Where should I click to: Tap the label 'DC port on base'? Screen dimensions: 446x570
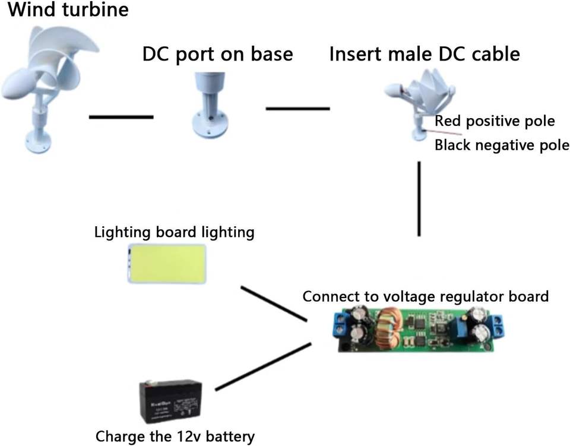click(x=217, y=54)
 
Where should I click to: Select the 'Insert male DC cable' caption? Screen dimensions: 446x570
click(x=425, y=54)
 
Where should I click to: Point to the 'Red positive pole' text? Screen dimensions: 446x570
click(x=495, y=121)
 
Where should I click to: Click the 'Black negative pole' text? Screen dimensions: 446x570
click(x=502, y=145)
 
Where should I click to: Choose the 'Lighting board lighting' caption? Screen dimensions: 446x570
click(x=174, y=232)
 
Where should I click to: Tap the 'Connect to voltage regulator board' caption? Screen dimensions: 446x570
click(x=425, y=296)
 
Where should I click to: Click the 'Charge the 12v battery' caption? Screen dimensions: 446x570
click(x=175, y=436)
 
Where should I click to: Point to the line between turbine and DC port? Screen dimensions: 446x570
click(x=121, y=117)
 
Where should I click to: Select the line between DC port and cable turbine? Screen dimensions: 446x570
click(x=297, y=109)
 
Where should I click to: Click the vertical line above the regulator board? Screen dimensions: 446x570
click(x=419, y=199)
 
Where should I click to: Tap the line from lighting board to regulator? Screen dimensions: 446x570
click(x=274, y=304)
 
